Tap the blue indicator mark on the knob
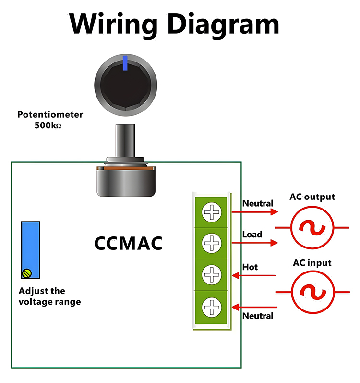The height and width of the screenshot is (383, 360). pos(125,62)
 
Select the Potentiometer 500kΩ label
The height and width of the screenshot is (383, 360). pos(50,120)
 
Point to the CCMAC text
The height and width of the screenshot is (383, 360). pos(128,243)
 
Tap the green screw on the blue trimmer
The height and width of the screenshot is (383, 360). pos(27,273)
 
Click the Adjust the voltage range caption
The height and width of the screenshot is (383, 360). pos(49,297)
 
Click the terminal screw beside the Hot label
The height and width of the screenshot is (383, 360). pos(211,275)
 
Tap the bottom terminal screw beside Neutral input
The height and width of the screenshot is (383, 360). pos(211,306)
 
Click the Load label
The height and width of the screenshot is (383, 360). pos(252,235)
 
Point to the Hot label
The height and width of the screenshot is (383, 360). pos(250,267)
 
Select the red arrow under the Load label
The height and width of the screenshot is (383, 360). pos(254,243)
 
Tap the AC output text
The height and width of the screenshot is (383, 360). pos(312,197)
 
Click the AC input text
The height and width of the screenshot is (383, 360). pos(312,263)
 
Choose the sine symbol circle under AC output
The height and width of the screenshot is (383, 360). pos(312,227)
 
